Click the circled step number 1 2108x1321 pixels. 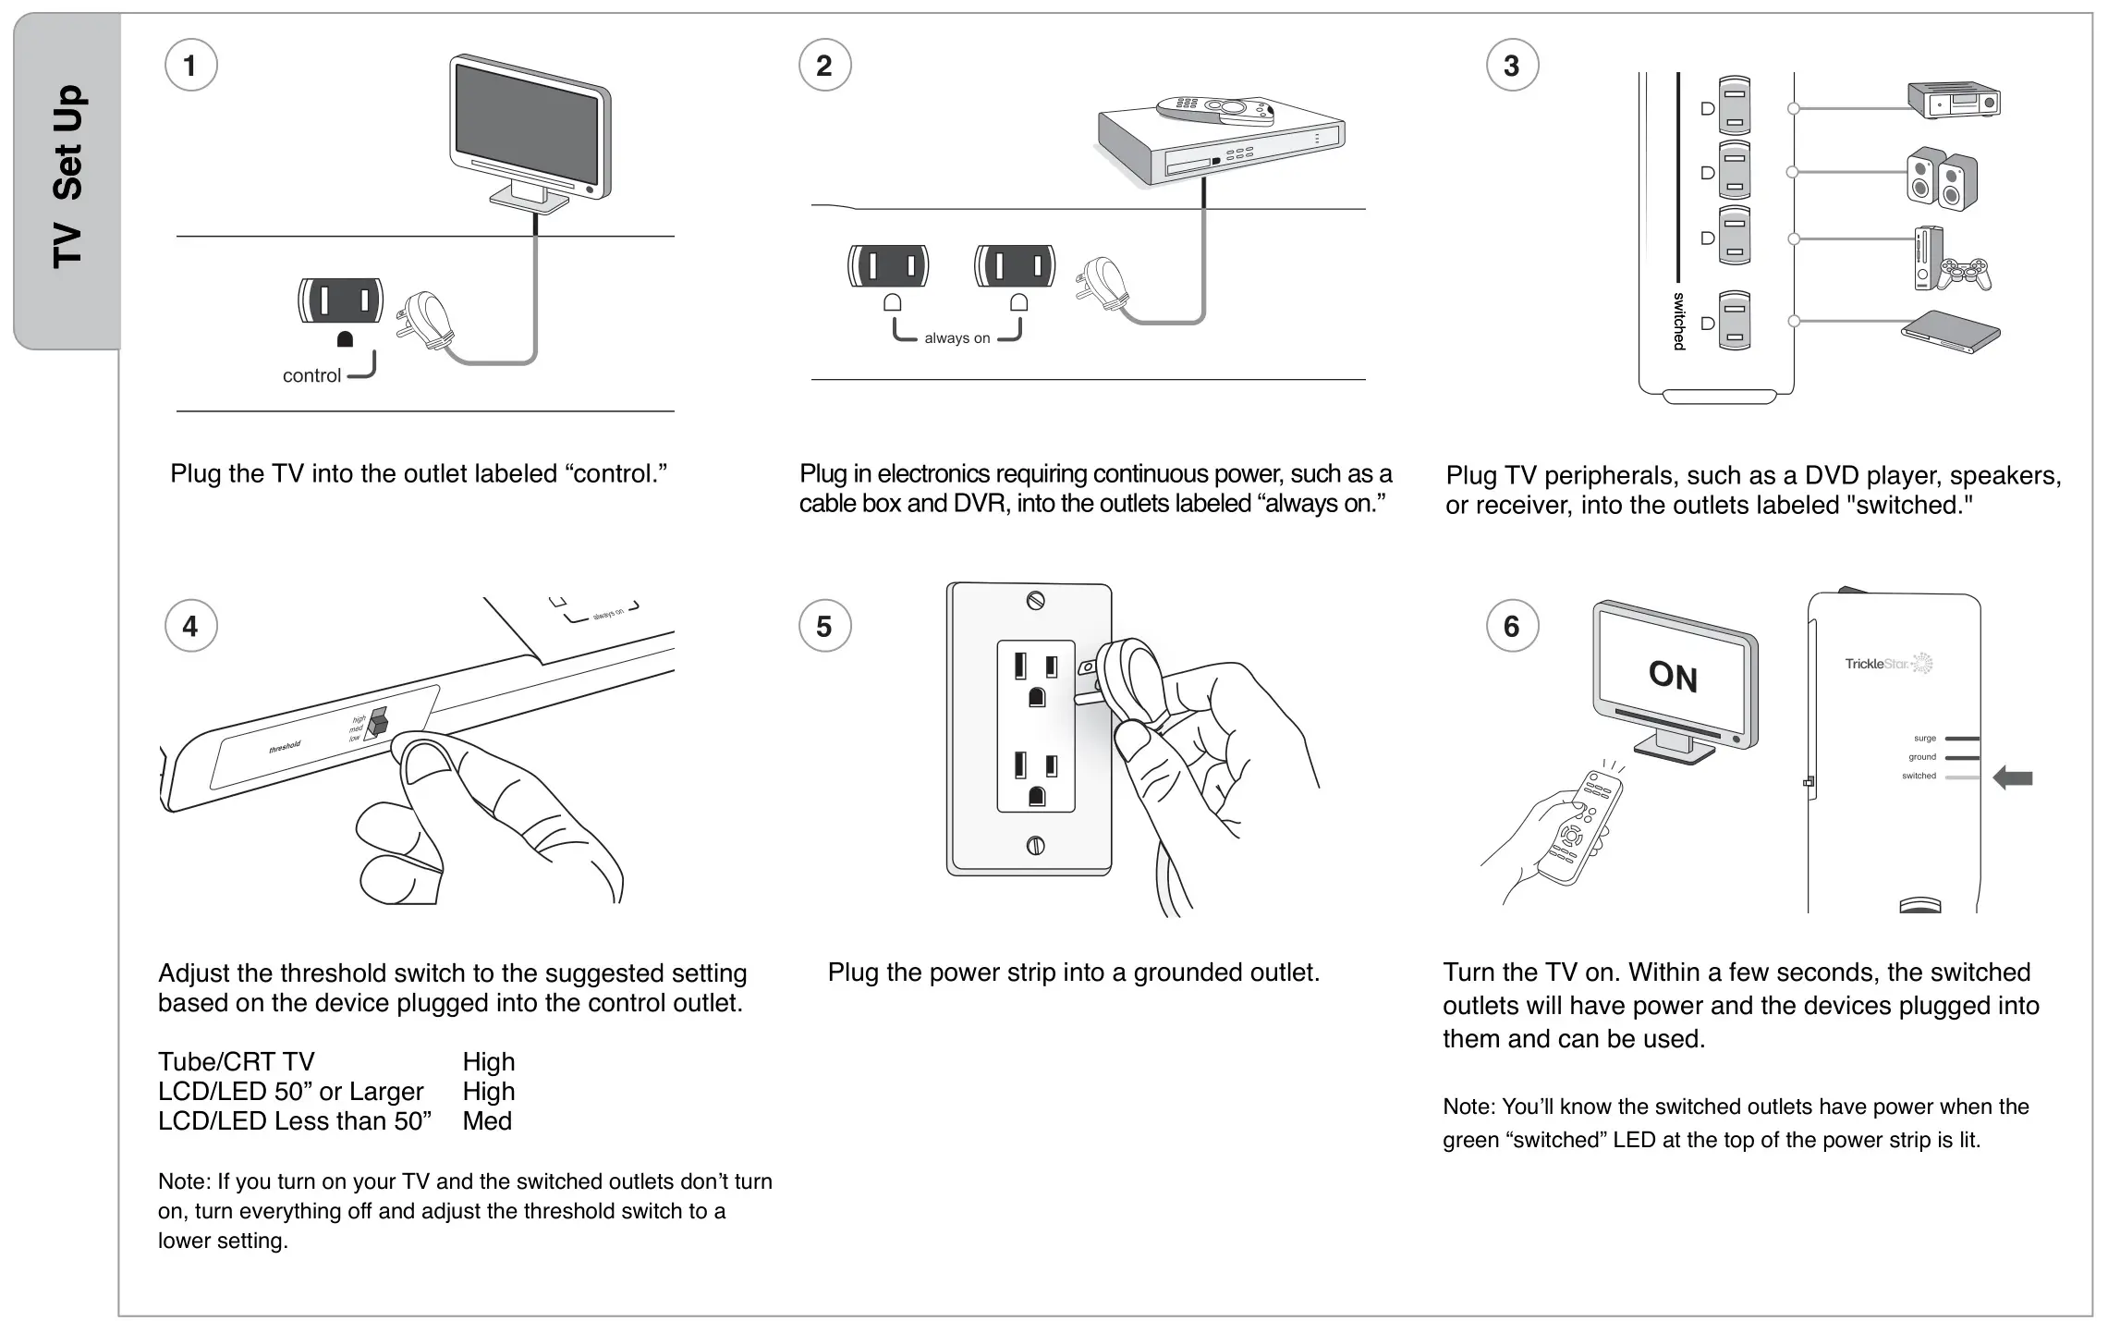click(190, 66)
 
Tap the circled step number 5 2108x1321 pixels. click(824, 627)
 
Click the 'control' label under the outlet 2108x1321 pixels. click(311, 375)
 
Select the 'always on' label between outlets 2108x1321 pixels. click(957, 338)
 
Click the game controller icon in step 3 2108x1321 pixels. click(1964, 274)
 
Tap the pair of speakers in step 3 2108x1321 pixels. click(1942, 177)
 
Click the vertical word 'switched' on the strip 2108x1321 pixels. click(1679, 321)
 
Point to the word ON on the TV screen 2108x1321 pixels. click(1673, 676)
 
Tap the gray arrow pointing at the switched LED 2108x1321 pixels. click(2013, 777)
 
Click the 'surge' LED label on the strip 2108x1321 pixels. click(1924, 739)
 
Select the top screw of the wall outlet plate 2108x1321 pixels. click(1035, 601)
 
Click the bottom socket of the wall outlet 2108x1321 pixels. click(1035, 777)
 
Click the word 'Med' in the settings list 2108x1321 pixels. click(487, 1121)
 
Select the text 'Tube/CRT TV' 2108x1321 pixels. click(237, 1062)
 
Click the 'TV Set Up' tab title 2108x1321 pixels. click(68, 176)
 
